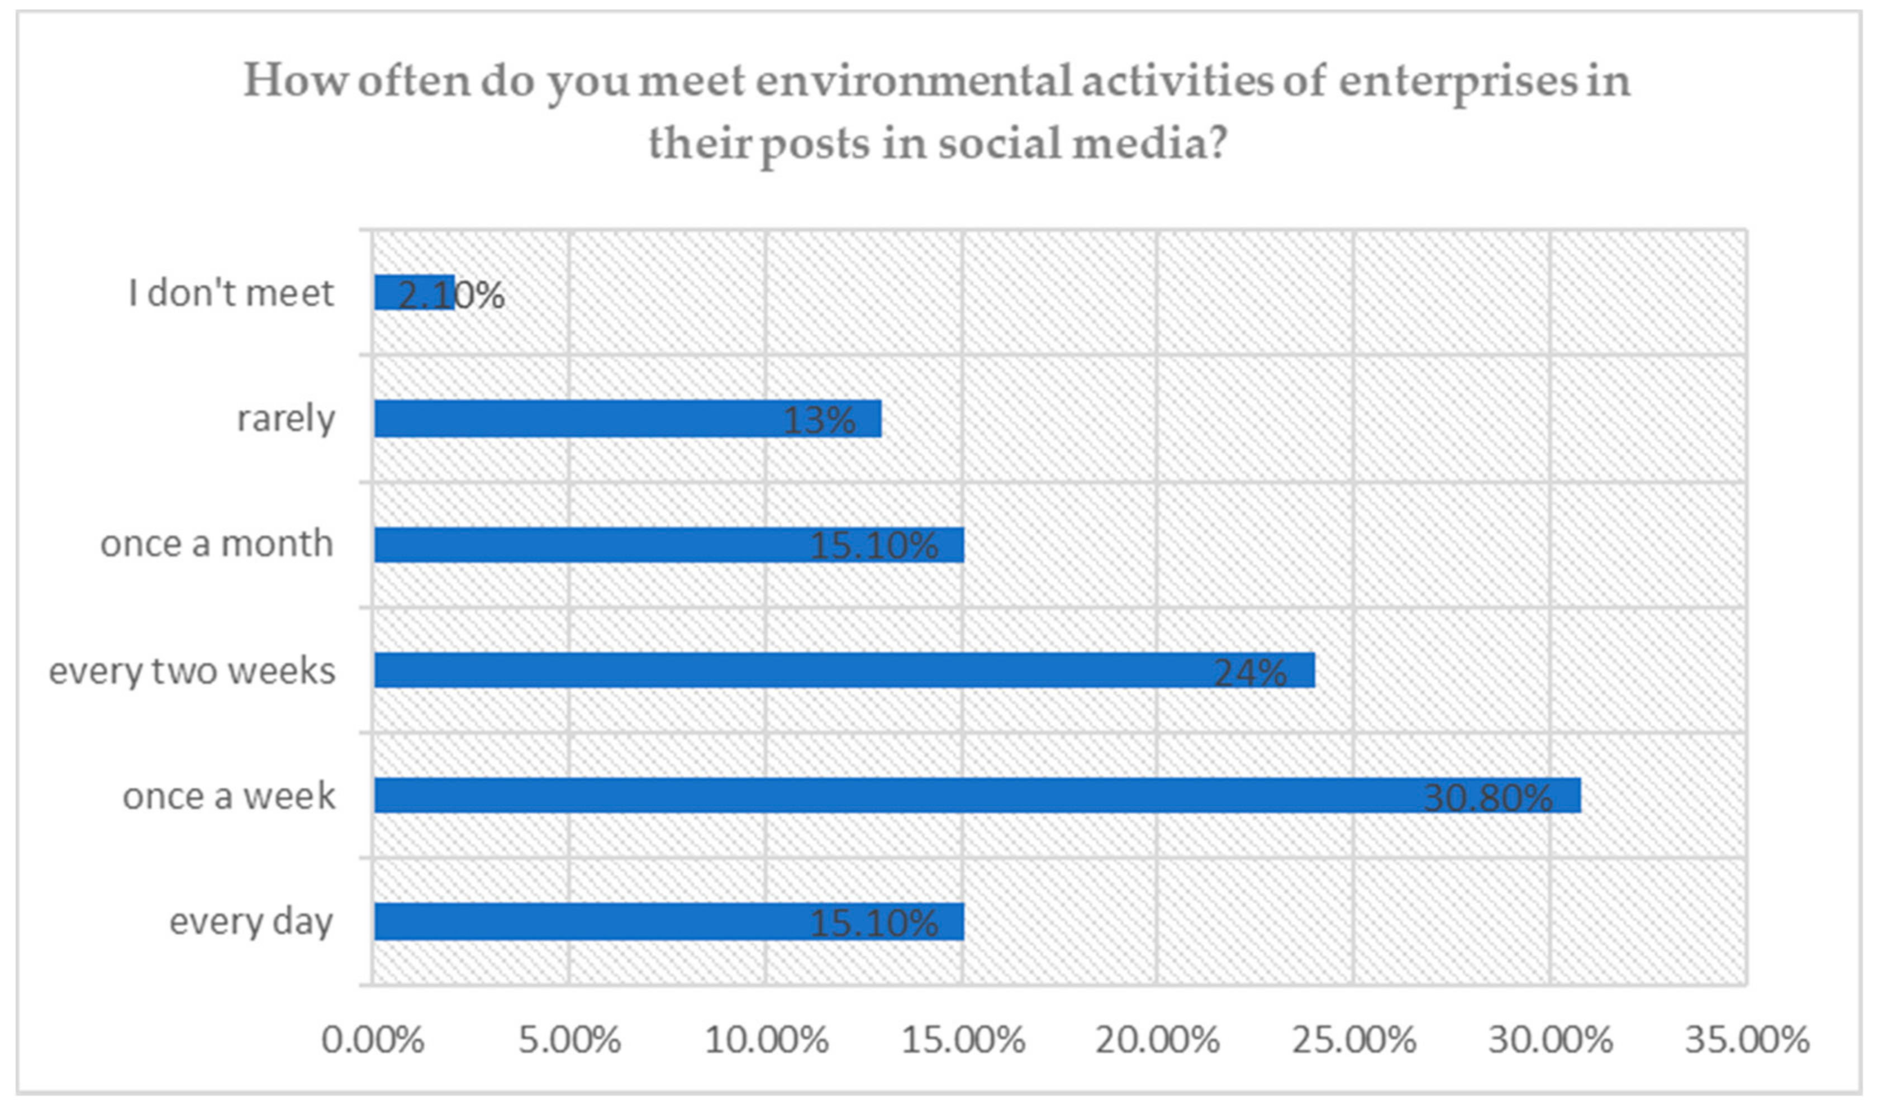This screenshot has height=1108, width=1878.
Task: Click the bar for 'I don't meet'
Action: click(414, 293)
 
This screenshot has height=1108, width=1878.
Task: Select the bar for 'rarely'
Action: click(627, 419)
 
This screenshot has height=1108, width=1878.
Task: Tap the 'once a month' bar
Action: click(668, 545)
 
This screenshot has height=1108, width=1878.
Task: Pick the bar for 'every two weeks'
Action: click(844, 670)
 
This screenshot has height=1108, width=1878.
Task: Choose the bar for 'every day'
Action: click(668, 921)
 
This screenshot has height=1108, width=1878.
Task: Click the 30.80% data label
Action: click(1487, 798)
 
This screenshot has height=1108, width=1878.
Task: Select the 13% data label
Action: click(819, 420)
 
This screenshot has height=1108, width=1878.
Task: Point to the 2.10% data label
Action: click(451, 295)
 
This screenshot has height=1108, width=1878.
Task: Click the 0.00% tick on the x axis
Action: click(373, 1040)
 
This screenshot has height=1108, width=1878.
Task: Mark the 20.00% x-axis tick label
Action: click(1158, 1040)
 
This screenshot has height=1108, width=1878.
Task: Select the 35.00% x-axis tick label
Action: click(1747, 1040)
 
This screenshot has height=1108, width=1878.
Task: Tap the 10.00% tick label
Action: click(766, 1040)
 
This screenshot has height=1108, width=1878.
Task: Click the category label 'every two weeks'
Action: click(192, 670)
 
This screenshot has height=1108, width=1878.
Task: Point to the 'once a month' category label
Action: click(216, 544)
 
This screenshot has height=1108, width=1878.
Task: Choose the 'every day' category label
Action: click(251, 922)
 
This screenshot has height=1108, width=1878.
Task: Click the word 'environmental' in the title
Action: click(914, 80)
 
